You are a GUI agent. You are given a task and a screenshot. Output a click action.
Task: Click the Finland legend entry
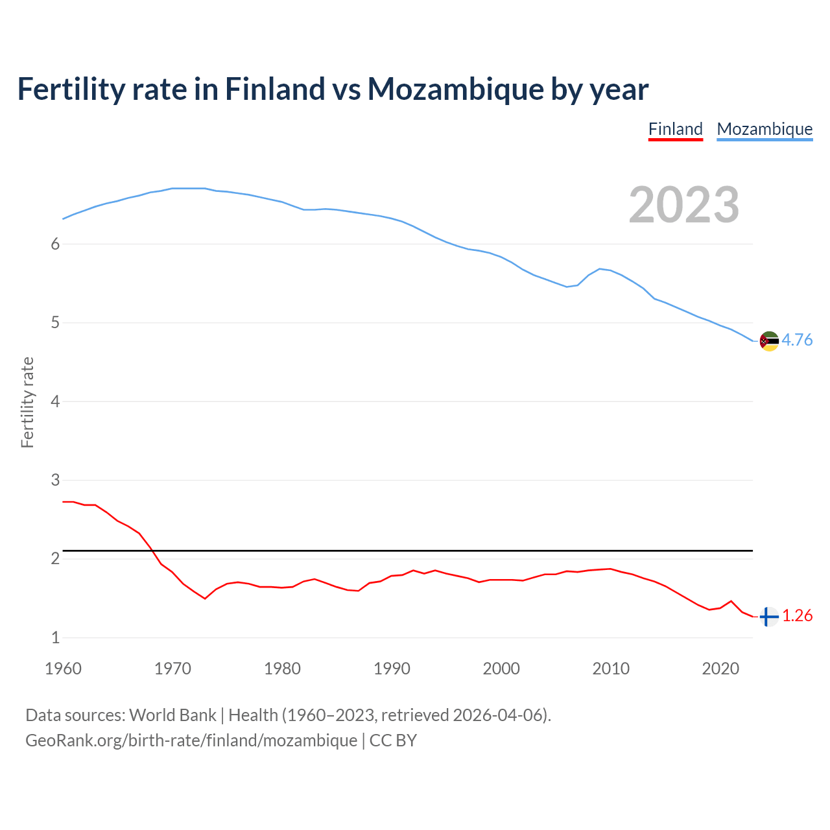(676, 129)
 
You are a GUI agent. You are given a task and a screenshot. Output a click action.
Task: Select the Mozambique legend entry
(765, 129)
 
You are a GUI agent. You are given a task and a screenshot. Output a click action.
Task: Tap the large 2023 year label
(684, 205)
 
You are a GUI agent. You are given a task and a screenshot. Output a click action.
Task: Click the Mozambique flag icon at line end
(769, 340)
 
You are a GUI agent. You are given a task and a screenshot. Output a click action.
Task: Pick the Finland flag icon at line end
(769, 617)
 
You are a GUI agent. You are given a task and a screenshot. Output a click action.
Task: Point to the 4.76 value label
(797, 340)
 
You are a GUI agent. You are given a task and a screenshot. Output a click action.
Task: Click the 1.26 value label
(797, 616)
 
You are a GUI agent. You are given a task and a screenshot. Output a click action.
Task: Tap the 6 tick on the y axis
(55, 244)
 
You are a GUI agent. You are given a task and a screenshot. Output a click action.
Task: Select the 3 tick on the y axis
(55, 480)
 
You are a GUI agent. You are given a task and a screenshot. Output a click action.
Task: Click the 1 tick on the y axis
(55, 638)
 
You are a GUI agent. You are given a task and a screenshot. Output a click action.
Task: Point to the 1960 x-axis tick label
(63, 669)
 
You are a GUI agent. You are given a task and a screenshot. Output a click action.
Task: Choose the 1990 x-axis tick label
(392, 669)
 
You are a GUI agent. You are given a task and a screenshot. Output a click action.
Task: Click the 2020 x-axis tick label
(720, 669)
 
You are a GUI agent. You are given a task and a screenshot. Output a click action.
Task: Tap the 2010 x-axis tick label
(611, 669)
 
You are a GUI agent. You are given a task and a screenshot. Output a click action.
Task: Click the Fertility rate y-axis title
(27, 402)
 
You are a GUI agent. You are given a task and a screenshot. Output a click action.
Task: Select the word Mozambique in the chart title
(455, 89)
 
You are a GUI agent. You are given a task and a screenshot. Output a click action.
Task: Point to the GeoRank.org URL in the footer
(191, 741)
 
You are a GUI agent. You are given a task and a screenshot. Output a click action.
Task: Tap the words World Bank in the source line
(172, 715)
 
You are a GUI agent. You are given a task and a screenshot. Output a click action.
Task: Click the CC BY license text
(393, 741)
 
